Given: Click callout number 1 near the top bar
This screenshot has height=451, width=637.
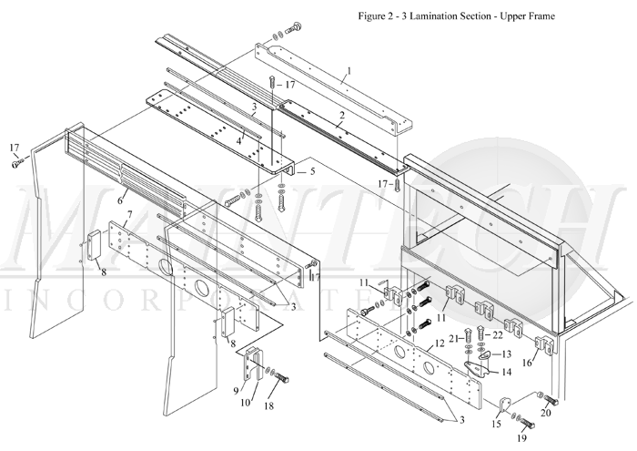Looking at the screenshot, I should [x=349, y=70].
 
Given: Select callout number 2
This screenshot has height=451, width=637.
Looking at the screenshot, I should [x=341, y=116].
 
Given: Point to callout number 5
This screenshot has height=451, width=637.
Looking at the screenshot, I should [x=312, y=169].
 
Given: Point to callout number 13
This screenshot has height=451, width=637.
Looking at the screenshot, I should [x=508, y=353].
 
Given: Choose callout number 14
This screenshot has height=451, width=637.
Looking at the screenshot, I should [x=504, y=372].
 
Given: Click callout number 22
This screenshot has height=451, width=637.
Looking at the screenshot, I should [x=497, y=335].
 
